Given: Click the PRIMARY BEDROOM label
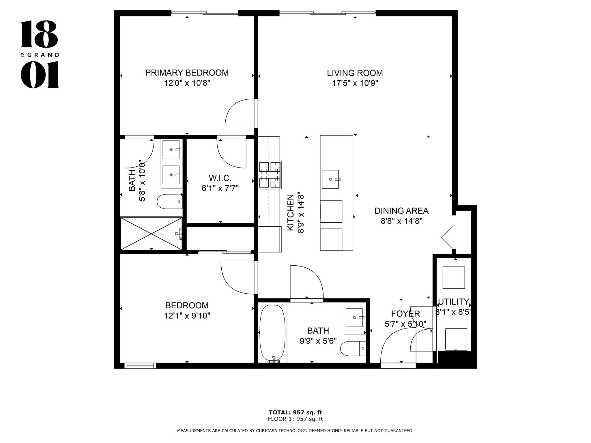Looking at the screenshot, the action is (187, 73).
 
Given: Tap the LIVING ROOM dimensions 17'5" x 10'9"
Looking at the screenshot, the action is (355, 83).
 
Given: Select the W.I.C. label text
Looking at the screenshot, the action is (220, 178).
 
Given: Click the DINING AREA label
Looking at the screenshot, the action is (401, 211).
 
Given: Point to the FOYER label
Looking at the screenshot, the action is (405, 314).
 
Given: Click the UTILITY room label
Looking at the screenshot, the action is (453, 302).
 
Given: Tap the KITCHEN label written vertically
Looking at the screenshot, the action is (291, 213).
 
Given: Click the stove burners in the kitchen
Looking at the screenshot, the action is (270, 175).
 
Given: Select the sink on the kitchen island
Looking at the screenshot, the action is (330, 179).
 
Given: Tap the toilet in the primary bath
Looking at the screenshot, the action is (170, 201).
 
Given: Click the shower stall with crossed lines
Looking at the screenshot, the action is (151, 233).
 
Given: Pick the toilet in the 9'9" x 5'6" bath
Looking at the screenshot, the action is (353, 349).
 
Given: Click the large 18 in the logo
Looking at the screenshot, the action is (40, 34).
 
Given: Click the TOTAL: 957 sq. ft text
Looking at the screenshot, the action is (295, 412).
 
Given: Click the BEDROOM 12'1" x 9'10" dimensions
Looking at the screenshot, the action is (187, 316).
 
